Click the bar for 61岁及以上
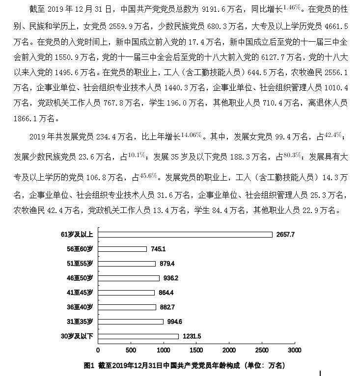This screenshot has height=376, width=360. [185, 235]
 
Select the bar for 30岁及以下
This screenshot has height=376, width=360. [138, 336]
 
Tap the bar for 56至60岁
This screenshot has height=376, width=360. [122, 249]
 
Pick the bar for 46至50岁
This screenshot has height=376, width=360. [129, 278]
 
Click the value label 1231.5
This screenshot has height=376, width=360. [192, 336]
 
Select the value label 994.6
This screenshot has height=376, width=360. [176, 322]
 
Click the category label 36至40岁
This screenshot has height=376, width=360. [80, 307]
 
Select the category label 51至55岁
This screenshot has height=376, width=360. [80, 264]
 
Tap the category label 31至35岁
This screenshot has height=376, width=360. [80, 322]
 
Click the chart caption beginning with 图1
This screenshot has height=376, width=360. [184, 365]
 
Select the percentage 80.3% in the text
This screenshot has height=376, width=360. [293, 155]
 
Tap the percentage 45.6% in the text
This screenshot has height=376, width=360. [148, 175]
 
